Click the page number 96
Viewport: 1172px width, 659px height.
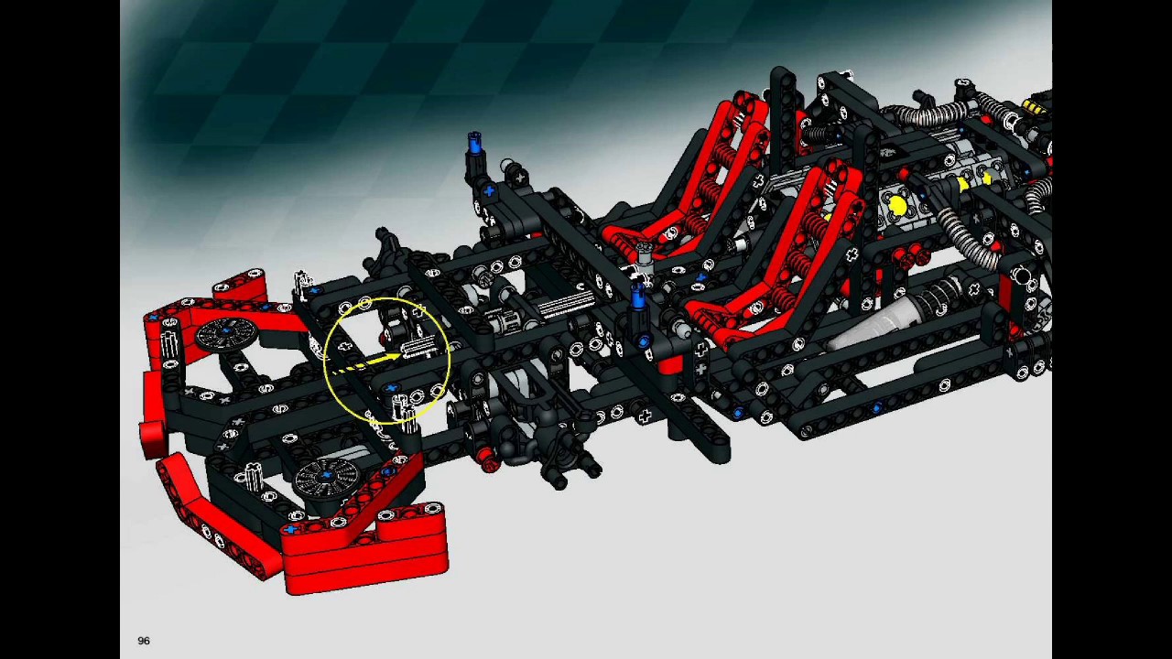click(144, 641)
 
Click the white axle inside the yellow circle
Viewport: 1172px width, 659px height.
click(418, 346)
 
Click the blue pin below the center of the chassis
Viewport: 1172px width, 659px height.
click(644, 341)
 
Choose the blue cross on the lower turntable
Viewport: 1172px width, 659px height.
click(327, 475)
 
